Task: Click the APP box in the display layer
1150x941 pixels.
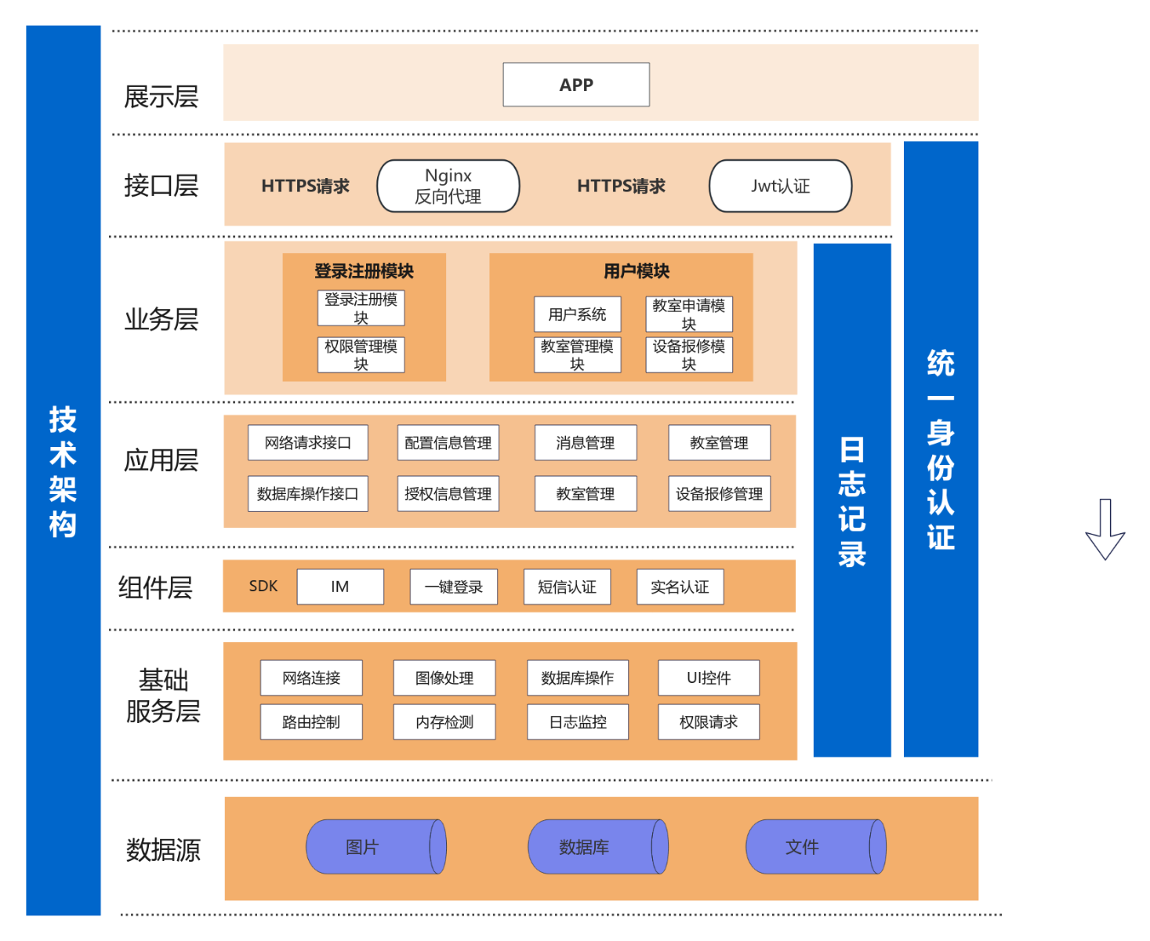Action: pyautogui.click(x=576, y=85)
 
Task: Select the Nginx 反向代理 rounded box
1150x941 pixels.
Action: pyautogui.click(x=448, y=186)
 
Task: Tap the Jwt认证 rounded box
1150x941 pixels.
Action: pyautogui.click(x=780, y=186)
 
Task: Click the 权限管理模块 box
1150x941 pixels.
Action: pyautogui.click(x=361, y=354)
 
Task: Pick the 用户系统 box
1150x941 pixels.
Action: pyautogui.click(x=577, y=314)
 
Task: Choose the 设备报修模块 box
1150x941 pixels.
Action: pyautogui.click(x=689, y=354)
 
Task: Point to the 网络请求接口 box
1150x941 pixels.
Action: pyautogui.click(x=308, y=443)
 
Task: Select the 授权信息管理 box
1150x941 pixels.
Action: pyautogui.click(x=448, y=494)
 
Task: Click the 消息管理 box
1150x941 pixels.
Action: pyautogui.click(x=586, y=443)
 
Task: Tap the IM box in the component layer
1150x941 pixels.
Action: pyautogui.click(x=340, y=587)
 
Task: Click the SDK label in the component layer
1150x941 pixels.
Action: pyautogui.click(x=263, y=586)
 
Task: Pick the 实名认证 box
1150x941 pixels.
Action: pyautogui.click(x=680, y=587)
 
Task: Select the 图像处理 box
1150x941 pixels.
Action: pyautogui.click(x=444, y=678)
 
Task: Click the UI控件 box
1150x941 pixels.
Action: pyautogui.click(x=709, y=678)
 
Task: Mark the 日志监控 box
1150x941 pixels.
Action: pyautogui.click(x=578, y=722)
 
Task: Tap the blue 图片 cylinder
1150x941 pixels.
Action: pyautogui.click(x=375, y=847)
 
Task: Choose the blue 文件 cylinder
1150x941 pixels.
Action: pyautogui.click(x=815, y=847)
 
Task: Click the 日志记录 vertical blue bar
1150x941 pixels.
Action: pyautogui.click(x=852, y=500)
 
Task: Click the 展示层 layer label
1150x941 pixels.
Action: pyautogui.click(x=161, y=97)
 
